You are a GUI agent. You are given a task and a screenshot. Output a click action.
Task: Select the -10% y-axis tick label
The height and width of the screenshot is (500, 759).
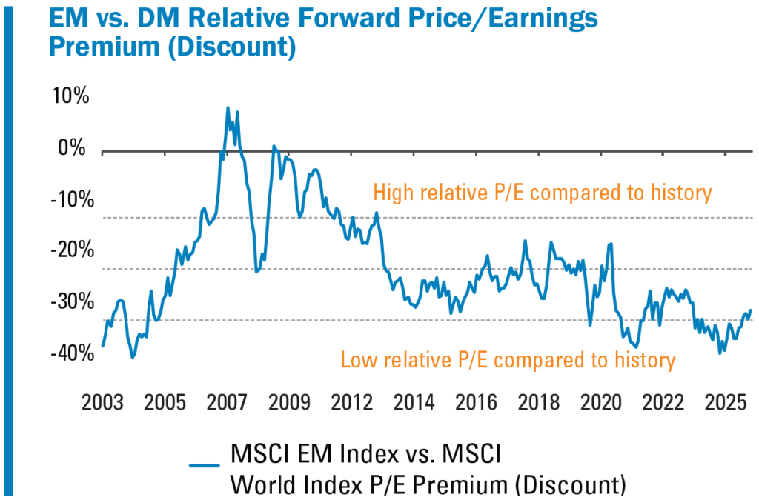[x=68, y=200]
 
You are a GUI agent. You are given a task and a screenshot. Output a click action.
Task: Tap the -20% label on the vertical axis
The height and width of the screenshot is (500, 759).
[x=68, y=251]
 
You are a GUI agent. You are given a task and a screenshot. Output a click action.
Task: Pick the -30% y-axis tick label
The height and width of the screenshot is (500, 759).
[x=68, y=303]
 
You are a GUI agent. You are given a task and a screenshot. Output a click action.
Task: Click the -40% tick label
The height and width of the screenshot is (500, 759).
[x=68, y=354]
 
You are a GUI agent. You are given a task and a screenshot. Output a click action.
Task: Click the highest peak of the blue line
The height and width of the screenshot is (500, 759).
[x=228, y=107]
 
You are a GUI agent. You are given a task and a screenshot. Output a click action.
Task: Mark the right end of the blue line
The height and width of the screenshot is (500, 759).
[x=751, y=310]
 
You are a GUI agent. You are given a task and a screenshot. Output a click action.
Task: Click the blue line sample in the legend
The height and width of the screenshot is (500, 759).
[x=205, y=465]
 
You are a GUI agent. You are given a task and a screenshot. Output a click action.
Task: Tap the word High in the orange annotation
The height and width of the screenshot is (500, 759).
[x=393, y=193]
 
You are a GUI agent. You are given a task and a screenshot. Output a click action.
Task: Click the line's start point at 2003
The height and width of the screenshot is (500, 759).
[x=102, y=346]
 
